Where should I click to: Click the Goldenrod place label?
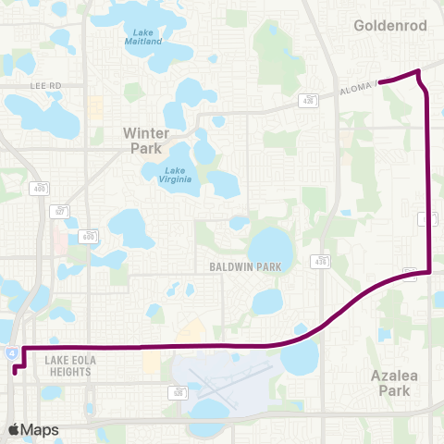pos(390,26)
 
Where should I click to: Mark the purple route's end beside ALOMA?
pos(381,82)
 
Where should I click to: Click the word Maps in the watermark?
pos(41,429)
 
